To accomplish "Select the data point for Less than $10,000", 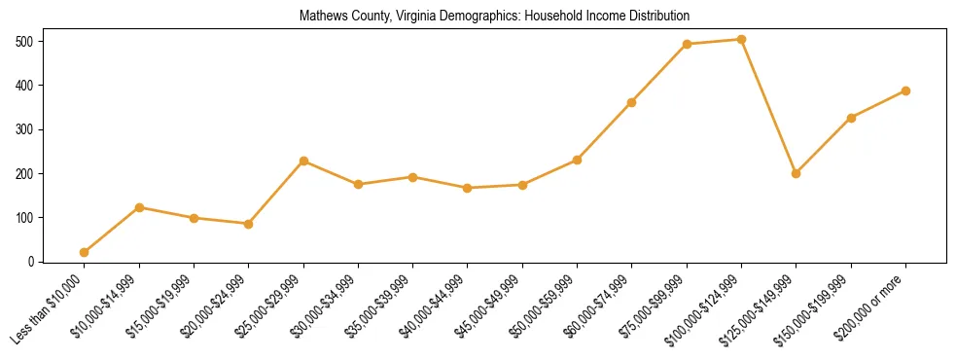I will (x=85, y=252).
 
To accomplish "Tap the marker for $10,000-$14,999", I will (x=139, y=207).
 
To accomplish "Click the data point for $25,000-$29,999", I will (x=303, y=161).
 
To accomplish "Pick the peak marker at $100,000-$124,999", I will (x=741, y=40).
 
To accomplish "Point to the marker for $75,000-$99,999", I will (x=687, y=44).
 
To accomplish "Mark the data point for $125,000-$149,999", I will (x=796, y=173).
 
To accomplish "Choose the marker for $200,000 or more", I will (x=905, y=90).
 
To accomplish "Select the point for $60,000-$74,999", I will (x=632, y=102).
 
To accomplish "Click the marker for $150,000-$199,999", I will (x=851, y=118).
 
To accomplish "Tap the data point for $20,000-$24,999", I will (x=249, y=224).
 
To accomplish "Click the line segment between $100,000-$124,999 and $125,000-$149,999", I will (x=768, y=107).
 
